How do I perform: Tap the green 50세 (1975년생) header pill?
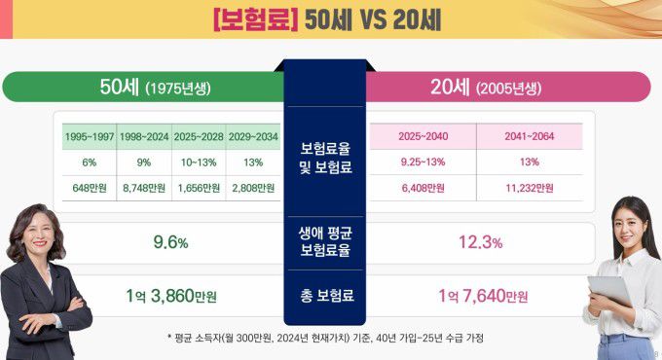pos(146,88)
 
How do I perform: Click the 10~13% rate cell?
pos(198,162)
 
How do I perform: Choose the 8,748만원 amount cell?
pos(143,188)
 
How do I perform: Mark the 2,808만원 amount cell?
pos(252,188)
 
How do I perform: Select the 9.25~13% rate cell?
pos(423,162)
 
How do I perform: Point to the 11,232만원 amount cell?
pos(530,188)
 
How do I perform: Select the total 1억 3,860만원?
pos(170,295)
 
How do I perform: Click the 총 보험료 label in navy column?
pos(325,295)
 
